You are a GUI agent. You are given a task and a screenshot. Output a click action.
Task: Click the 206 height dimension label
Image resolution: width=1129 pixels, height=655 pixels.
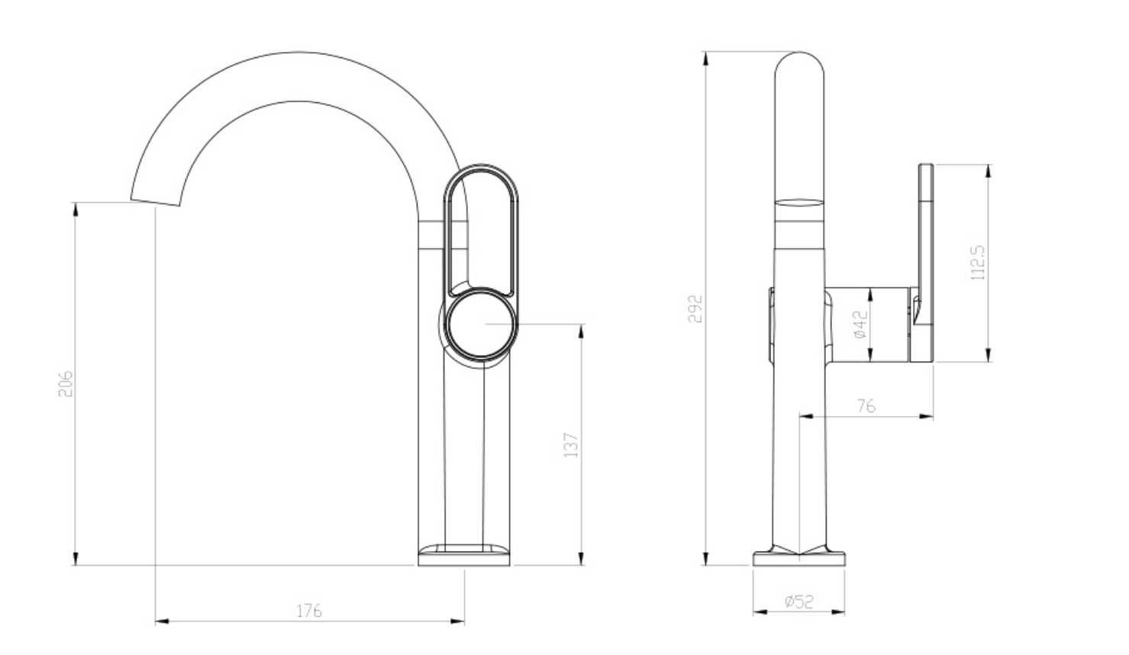(x=66, y=384)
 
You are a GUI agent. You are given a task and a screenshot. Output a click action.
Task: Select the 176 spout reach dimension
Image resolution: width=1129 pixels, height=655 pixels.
(x=308, y=611)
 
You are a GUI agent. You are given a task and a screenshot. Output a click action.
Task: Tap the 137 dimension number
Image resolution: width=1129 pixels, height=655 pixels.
(x=570, y=445)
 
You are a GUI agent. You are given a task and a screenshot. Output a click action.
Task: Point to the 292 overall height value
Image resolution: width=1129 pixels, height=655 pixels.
(x=695, y=308)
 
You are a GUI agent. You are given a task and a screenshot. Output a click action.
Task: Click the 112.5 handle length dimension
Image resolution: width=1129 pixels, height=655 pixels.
(x=977, y=263)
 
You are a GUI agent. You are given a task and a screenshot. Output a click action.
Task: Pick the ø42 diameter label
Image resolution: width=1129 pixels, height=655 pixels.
(x=861, y=324)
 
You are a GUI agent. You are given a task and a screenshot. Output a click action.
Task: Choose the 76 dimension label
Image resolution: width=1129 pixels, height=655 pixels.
(x=866, y=406)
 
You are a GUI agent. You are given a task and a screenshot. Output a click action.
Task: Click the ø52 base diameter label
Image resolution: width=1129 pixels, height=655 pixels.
(x=799, y=601)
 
